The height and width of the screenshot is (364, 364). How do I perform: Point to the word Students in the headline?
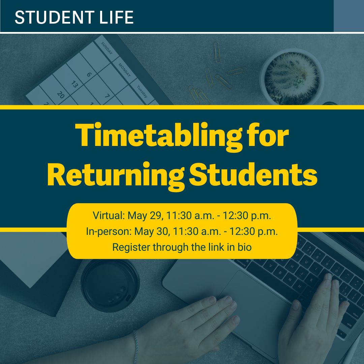tap(253, 175)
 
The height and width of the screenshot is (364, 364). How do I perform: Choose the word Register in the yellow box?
tap(131, 247)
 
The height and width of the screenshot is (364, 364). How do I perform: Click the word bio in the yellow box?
tap(244, 247)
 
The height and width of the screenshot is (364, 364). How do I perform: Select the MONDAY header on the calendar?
tap(125, 69)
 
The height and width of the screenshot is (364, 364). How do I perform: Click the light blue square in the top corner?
tap(348, 16)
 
